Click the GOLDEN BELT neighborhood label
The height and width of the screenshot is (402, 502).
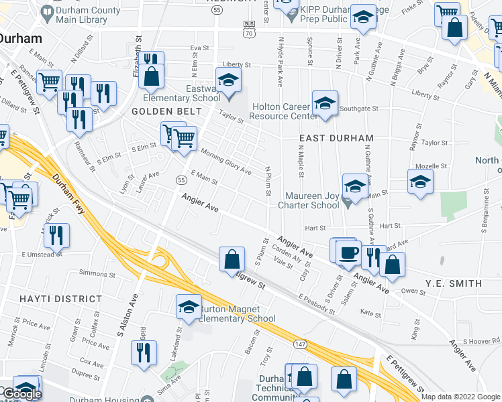coord(159,111)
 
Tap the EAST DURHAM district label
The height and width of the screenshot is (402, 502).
coord(336,138)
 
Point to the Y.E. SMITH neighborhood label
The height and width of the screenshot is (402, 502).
coord(453,283)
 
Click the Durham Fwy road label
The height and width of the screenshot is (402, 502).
coord(69,189)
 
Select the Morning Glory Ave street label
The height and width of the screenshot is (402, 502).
coord(225,161)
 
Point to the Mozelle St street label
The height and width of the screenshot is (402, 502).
coord(431,166)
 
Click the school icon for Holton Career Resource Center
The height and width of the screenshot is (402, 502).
coord(325,105)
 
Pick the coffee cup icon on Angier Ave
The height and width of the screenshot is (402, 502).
coord(348,253)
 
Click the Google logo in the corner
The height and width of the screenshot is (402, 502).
coord(21,394)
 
